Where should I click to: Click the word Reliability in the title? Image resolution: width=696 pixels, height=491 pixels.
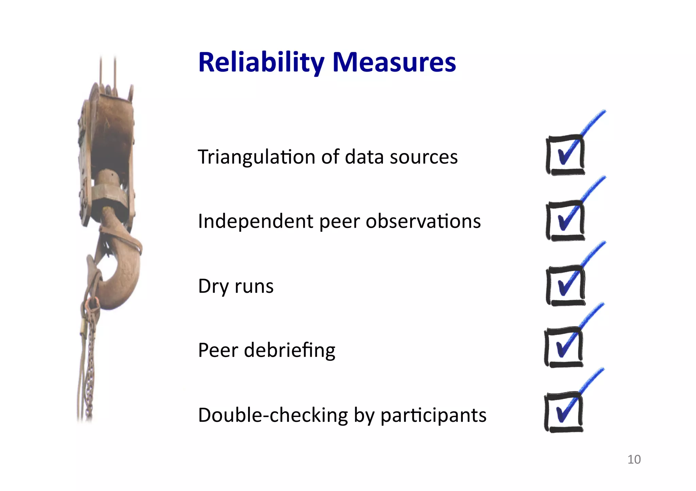point(261,63)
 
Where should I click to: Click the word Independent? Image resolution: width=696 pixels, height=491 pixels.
point(256,222)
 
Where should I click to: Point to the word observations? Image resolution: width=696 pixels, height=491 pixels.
point(423,221)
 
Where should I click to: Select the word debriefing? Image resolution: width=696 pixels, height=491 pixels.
point(290,350)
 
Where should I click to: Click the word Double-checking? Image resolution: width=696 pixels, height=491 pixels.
point(273,415)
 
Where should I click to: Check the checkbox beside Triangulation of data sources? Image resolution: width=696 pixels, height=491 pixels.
point(565,155)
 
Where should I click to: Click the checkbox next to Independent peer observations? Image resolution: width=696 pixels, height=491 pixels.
point(565,221)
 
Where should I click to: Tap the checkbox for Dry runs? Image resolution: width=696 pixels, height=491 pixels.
point(565,286)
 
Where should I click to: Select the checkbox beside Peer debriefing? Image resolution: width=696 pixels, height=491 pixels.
point(563,347)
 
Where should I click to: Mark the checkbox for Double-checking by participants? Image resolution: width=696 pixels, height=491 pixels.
point(563,412)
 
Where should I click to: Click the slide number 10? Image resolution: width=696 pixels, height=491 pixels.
point(634,459)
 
